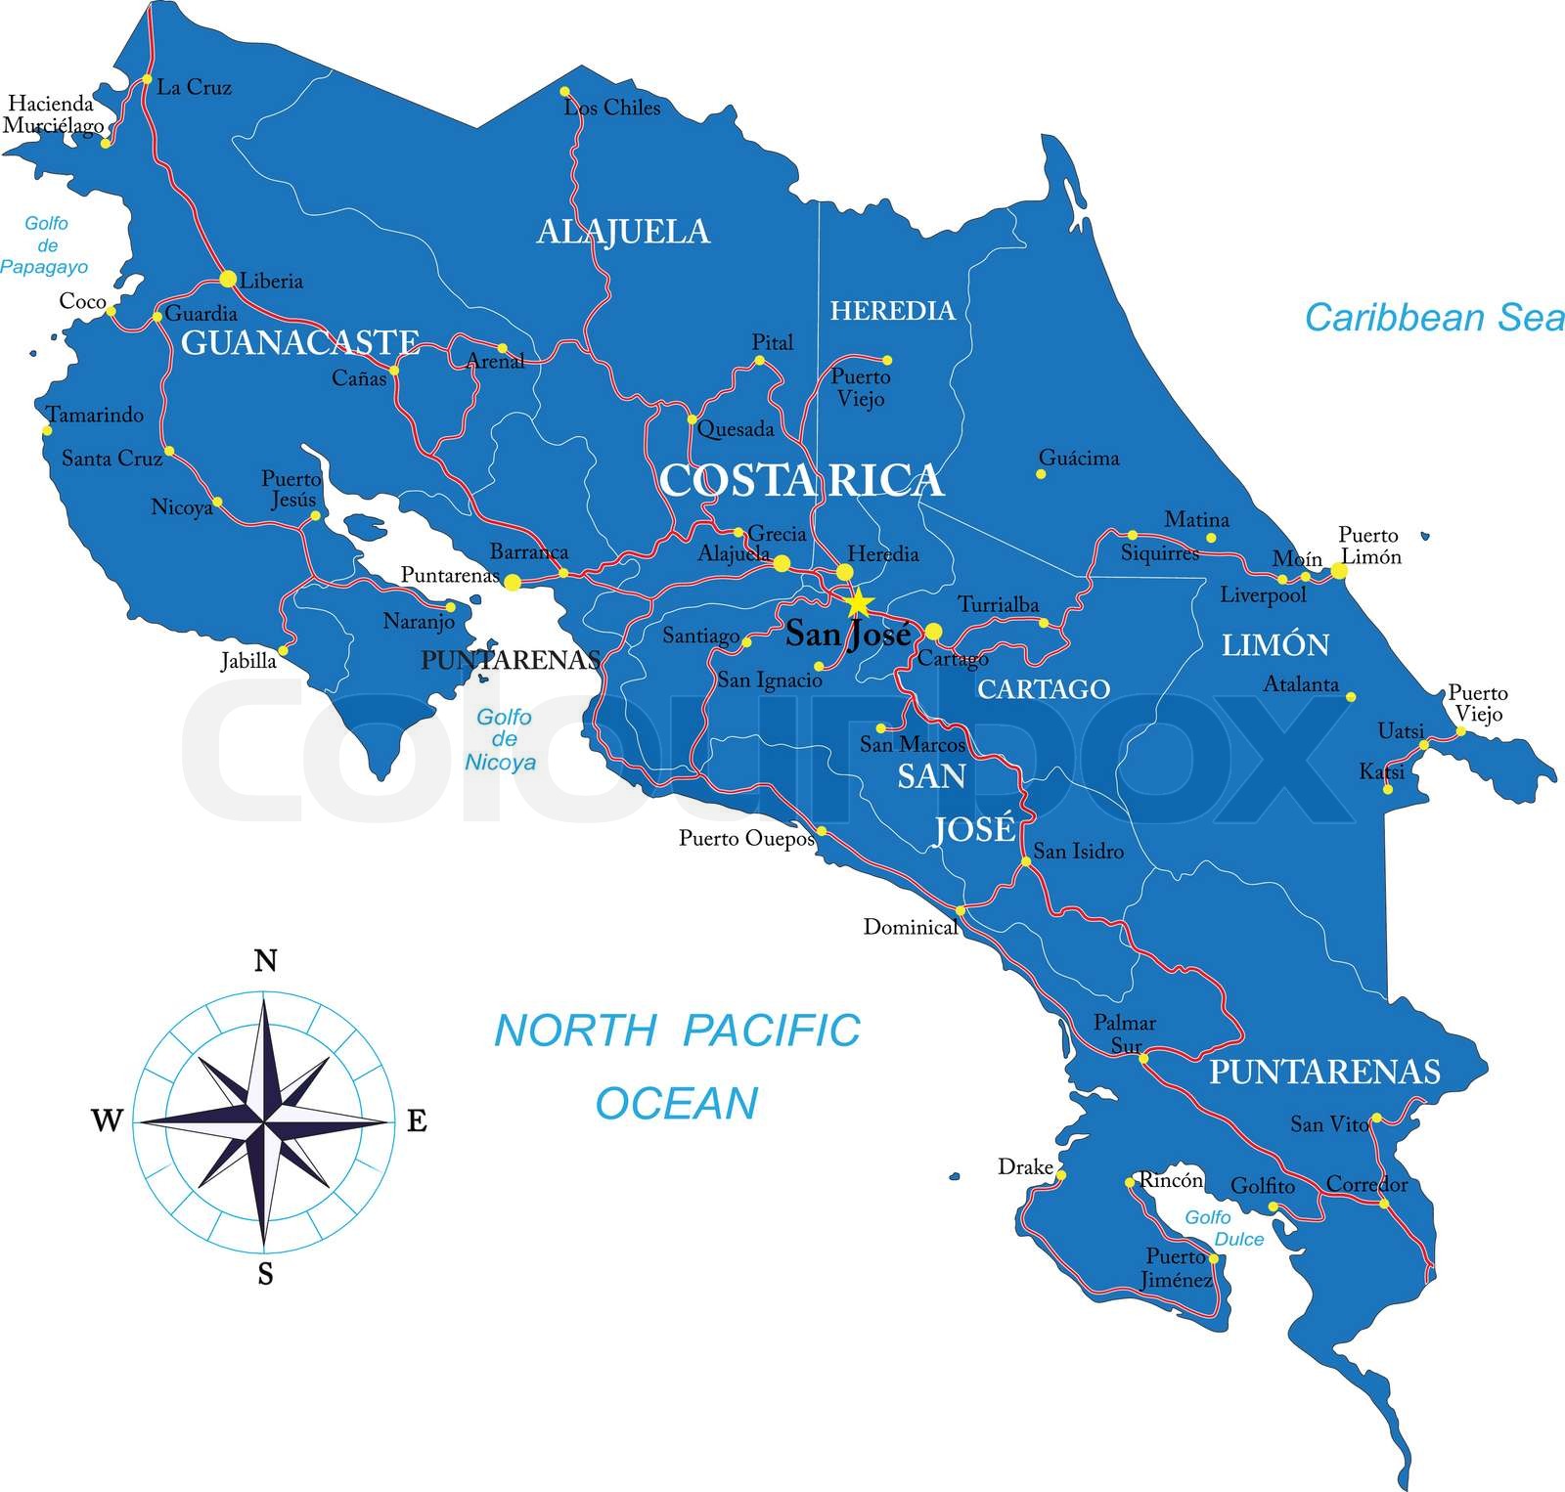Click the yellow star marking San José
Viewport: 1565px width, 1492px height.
tap(858, 602)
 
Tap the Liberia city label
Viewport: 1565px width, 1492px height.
tap(272, 282)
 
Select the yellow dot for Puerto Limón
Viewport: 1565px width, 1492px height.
tap(1339, 571)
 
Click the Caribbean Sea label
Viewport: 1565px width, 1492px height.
tap(1434, 318)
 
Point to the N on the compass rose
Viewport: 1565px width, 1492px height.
tap(265, 962)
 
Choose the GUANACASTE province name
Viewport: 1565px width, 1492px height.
tap(300, 342)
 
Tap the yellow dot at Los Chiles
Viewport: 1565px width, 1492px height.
tap(565, 92)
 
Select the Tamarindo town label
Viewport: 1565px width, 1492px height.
tap(96, 416)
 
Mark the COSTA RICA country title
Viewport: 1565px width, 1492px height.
tap(801, 480)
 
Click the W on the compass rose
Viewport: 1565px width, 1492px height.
tap(107, 1120)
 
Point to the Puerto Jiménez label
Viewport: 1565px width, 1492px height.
tap(1179, 1268)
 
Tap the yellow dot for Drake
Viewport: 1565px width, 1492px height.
tap(1061, 1175)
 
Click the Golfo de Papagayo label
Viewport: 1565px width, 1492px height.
tap(45, 244)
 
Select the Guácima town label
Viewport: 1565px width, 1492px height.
tap(1079, 459)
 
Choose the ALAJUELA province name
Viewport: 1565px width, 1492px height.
tap(623, 232)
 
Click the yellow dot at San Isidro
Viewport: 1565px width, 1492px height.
tap(1026, 861)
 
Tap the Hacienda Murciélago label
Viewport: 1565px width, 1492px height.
tap(53, 115)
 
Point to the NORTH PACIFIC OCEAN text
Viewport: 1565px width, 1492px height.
tap(677, 1067)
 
